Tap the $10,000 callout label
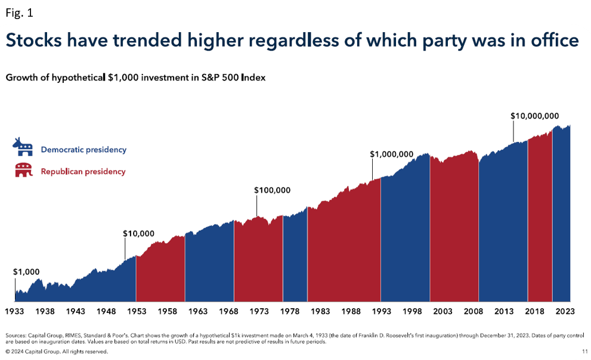(x=138, y=234)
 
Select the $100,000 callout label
(x=272, y=190)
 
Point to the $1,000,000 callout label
(x=391, y=154)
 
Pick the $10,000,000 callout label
(x=534, y=116)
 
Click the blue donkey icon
(x=24, y=147)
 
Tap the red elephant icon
(x=24, y=170)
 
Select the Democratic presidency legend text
(x=83, y=150)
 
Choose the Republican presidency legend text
(x=83, y=172)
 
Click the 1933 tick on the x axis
(x=14, y=311)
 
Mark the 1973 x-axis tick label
(x=259, y=311)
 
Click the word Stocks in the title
(x=38, y=41)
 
